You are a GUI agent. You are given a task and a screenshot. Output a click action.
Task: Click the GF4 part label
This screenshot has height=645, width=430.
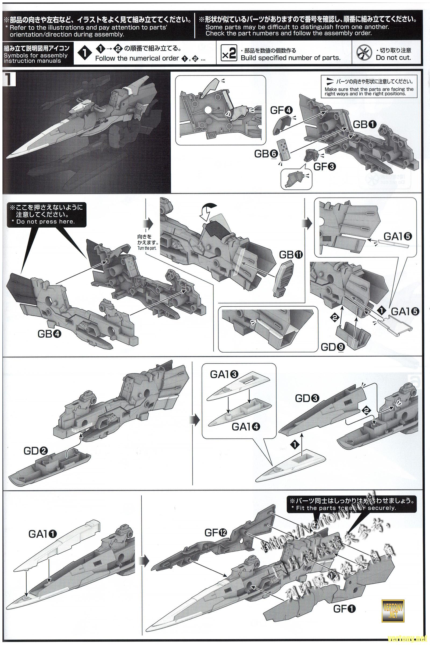(281, 110)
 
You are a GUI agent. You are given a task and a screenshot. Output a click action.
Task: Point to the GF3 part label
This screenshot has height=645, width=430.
(325, 166)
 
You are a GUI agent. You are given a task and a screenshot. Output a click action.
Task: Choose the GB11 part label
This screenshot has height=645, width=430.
(291, 255)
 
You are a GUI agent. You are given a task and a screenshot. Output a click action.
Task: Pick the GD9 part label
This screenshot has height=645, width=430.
(332, 347)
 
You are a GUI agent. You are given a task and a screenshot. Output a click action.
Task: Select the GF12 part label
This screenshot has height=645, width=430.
(216, 525)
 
